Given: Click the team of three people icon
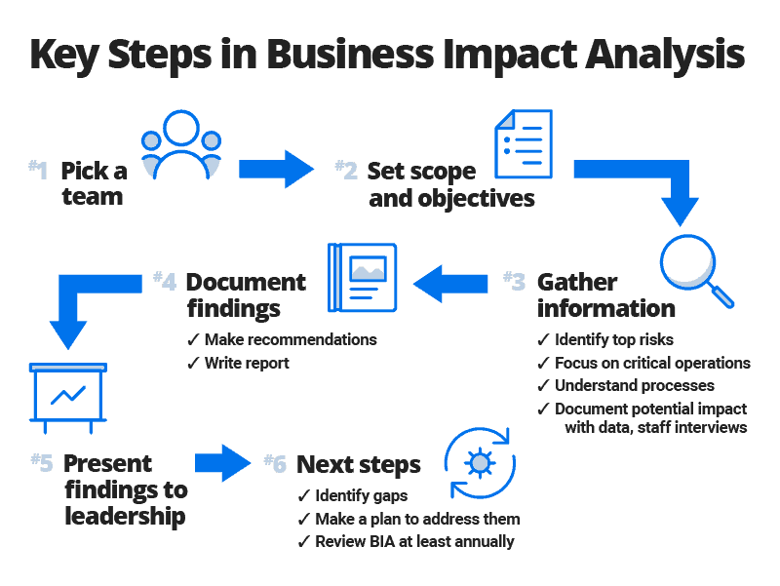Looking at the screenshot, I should coord(181,145).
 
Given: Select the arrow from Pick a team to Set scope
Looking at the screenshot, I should coord(276,168).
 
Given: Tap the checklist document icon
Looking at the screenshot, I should coord(524,144).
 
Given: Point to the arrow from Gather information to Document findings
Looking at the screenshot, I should coord(450,284).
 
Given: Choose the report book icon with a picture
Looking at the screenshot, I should coord(363,278).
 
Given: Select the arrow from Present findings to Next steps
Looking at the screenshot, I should coord(222,462).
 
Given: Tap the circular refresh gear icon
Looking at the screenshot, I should coord(480,462).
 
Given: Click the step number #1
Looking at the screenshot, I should coord(38,171).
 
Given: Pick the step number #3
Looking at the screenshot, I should coord(514,282).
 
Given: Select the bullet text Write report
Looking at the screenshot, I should coord(247,363).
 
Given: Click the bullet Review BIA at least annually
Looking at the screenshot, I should coord(413,541).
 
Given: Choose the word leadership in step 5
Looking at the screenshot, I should coord(125,514).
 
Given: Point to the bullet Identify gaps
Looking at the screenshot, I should coord(356,497).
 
